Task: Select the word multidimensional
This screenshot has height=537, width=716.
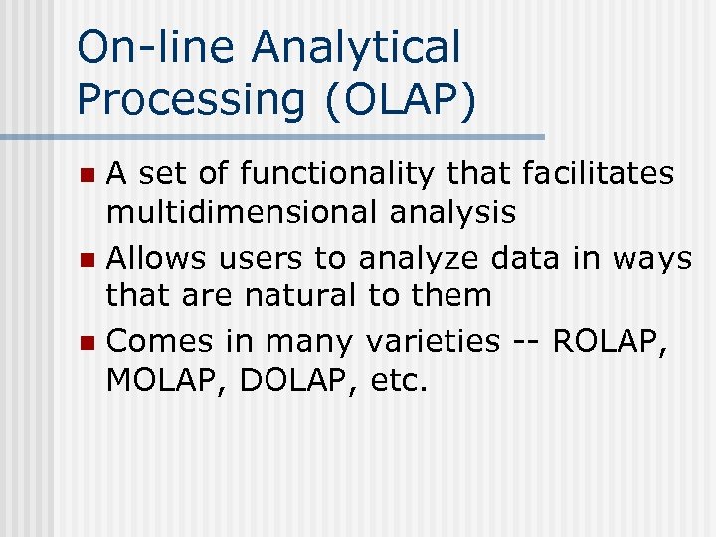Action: click(x=238, y=211)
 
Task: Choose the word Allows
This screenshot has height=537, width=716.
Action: click(x=155, y=259)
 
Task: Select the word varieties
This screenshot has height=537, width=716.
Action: click(x=433, y=342)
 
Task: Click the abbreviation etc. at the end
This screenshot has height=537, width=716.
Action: click(x=395, y=379)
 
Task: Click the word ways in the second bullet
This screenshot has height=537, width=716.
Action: click(x=652, y=259)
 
